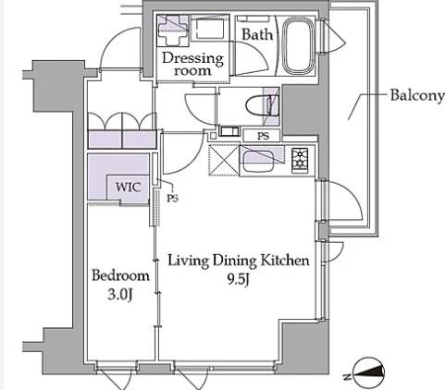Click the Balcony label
[x=417, y=96]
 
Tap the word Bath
[x=257, y=34]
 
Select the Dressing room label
[x=192, y=64]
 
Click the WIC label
[x=129, y=187]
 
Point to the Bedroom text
[x=120, y=275]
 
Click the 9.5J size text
[x=238, y=279]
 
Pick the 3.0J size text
[x=120, y=295]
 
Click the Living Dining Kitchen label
[x=239, y=261]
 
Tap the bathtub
[x=298, y=45]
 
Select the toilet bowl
[x=259, y=105]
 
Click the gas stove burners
[x=300, y=160]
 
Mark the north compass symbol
[x=367, y=373]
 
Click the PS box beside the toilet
[x=262, y=136]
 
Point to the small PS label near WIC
[x=173, y=199]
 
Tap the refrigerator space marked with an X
[x=224, y=160]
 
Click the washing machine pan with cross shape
[x=173, y=30]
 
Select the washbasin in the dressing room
[x=210, y=29]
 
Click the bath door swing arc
[x=253, y=57]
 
